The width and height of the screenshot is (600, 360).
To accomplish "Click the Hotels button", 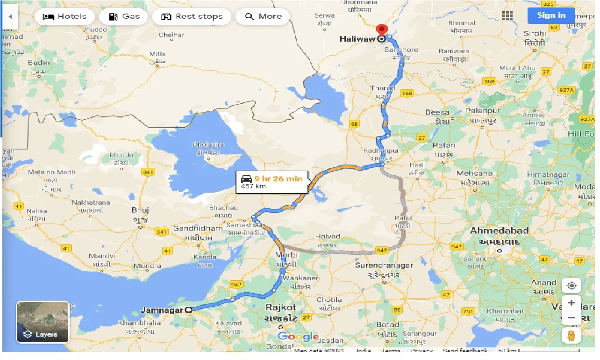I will [x=64, y=17].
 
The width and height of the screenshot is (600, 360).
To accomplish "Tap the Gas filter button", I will [x=124, y=17].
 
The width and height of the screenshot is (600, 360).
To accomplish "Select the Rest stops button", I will [x=192, y=17].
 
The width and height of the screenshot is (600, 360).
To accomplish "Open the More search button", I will [x=263, y=17].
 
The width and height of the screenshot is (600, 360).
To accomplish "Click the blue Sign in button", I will [x=551, y=15].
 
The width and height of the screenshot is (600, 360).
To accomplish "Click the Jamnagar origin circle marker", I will [x=189, y=310].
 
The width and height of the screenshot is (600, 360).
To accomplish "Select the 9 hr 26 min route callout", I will [x=272, y=181].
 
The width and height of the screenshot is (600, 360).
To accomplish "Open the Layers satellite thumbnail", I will [x=43, y=322].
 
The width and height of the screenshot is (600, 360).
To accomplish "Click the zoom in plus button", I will [x=571, y=302].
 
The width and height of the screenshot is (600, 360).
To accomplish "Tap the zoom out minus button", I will [x=571, y=318].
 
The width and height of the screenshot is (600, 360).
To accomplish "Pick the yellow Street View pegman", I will [x=571, y=335].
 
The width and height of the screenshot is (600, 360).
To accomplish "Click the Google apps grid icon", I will [x=507, y=16].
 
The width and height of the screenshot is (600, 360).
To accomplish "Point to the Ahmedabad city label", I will [x=499, y=230].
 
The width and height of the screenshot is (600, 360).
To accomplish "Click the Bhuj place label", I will [x=140, y=210].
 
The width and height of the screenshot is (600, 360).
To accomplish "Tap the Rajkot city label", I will [x=281, y=307].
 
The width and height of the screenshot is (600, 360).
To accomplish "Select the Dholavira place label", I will [x=208, y=145].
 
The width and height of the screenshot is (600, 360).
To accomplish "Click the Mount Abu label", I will [x=516, y=68].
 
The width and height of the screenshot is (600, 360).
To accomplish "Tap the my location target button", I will [x=571, y=285].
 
